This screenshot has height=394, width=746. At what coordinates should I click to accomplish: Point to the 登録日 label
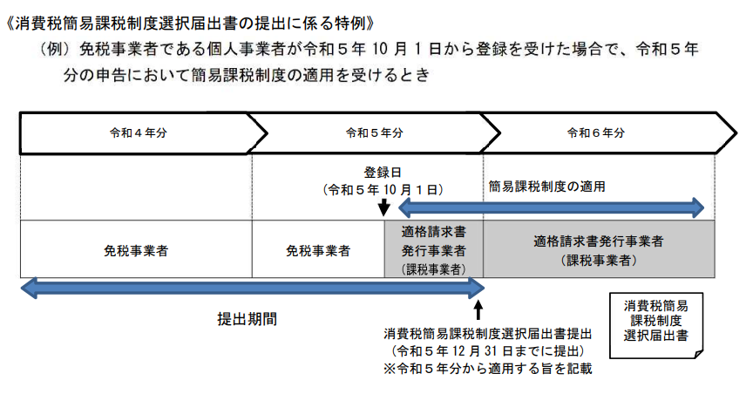pyautogui.click(x=383, y=171)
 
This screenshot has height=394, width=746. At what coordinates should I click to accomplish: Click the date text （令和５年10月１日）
pyautogui.click(x=383, y=188)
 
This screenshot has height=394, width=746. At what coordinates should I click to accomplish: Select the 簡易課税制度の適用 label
pyautogui.click(x=546, y=186)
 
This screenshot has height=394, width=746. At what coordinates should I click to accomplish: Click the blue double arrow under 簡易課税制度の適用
pyautogui.click(x=550, y=207)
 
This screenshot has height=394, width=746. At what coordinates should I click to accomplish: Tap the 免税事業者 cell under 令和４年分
pyautogui.click(x=136, y=250)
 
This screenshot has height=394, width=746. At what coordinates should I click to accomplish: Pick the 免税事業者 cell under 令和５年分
pyautogui.click(x=318, y=250)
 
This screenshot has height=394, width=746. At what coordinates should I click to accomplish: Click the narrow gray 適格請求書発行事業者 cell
pyautogui.click(x=433, y=250)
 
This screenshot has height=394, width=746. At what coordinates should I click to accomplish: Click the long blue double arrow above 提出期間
pyautogui.click(x=252, y=289)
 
